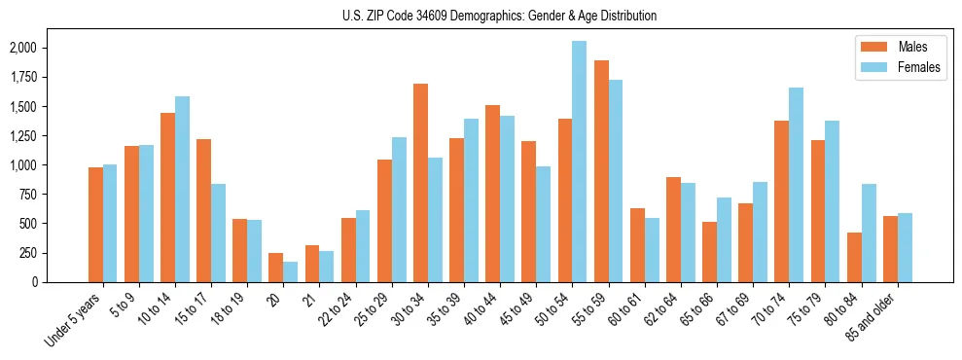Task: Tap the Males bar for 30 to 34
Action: [420, 183]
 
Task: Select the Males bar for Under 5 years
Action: [95, 225]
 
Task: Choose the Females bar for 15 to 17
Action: [218, 233]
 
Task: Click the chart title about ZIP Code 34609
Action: [499, 16]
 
